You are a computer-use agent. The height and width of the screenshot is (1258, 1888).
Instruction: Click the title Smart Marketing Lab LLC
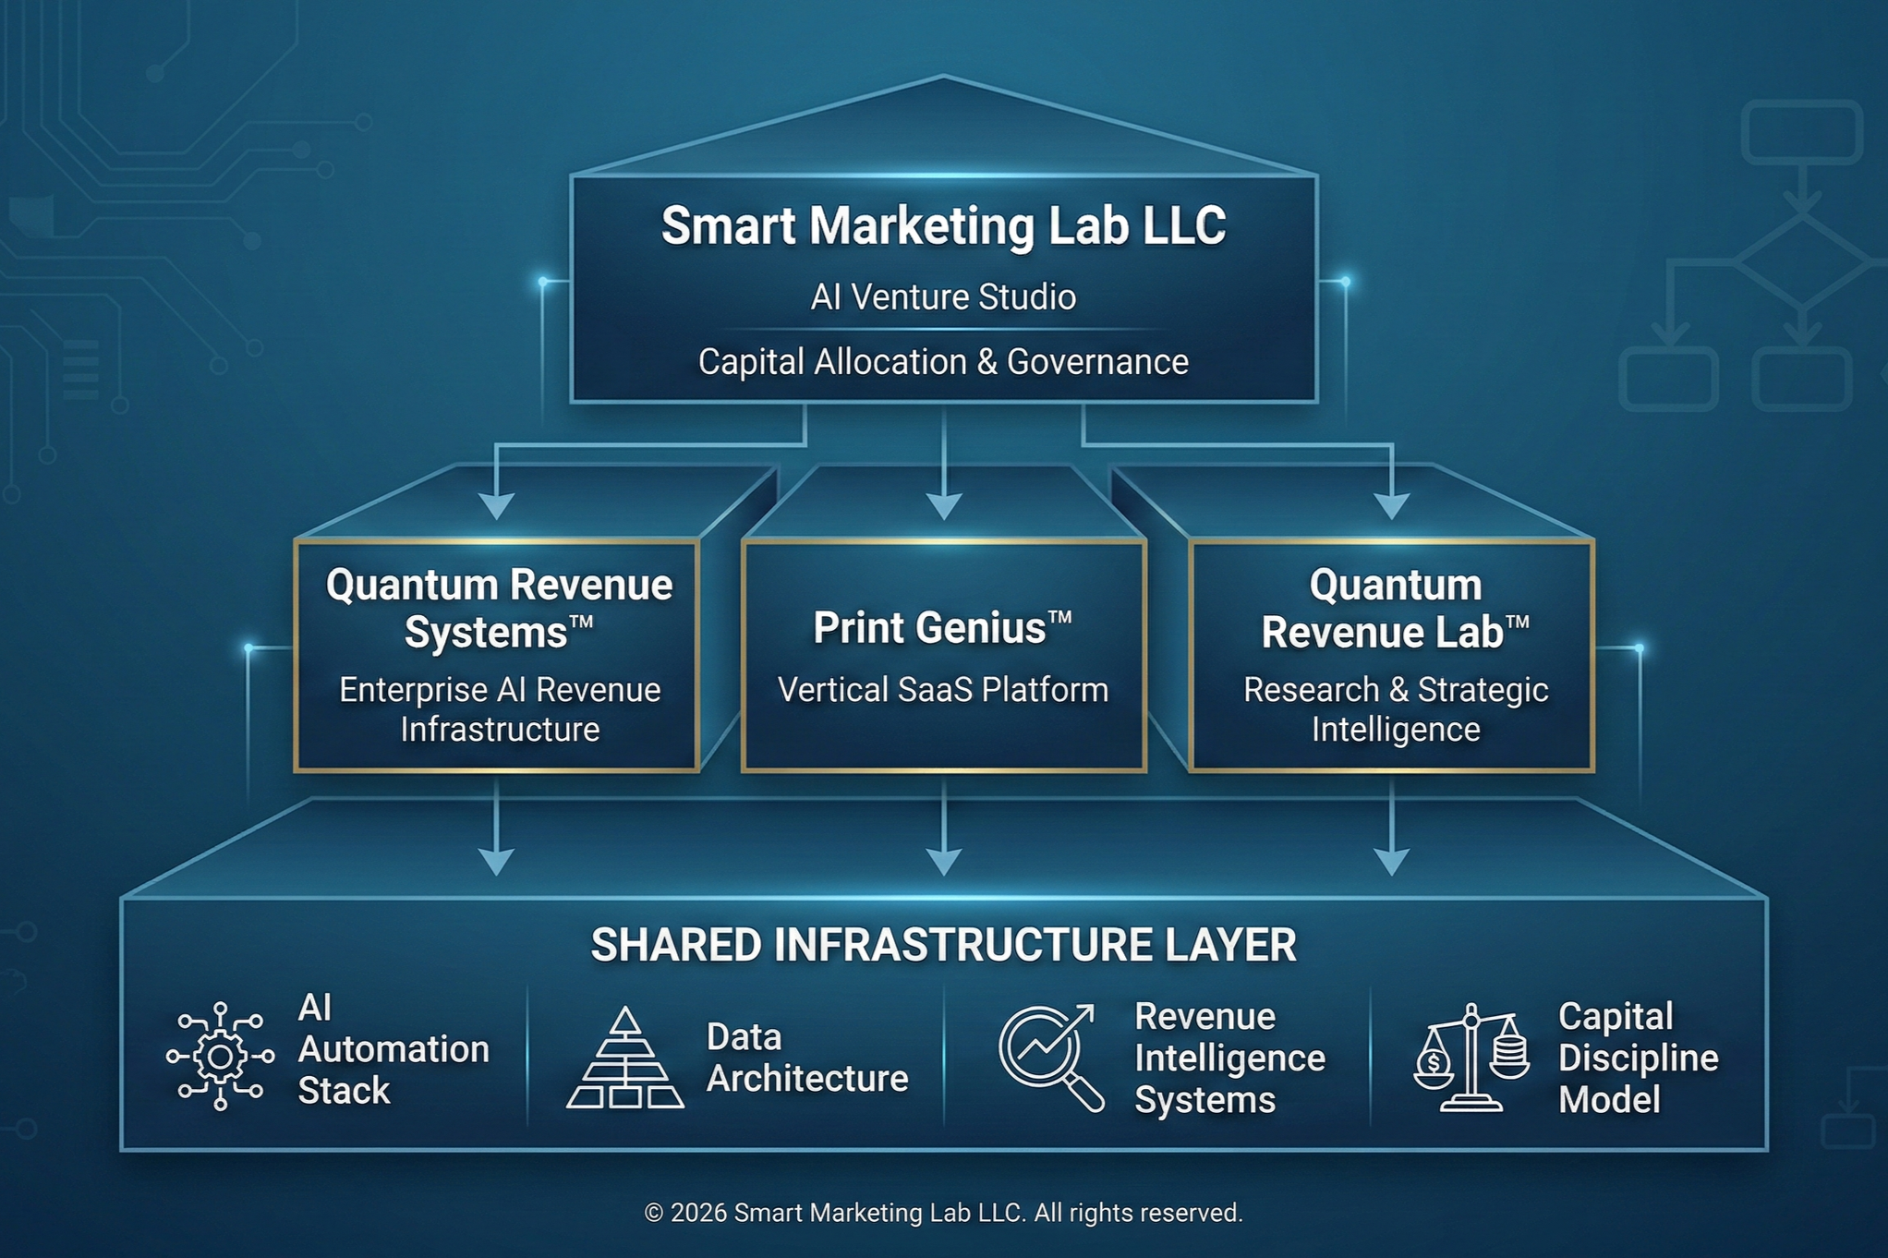coord(943,225)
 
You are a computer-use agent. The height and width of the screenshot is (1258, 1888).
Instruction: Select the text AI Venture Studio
coord(943,297)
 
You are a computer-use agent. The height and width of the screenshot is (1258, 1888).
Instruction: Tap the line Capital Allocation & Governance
coord(943,362)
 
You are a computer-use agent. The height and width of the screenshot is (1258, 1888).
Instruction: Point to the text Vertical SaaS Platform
coord(943,690)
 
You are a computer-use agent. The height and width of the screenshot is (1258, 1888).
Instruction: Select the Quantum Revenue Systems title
coord(499,608)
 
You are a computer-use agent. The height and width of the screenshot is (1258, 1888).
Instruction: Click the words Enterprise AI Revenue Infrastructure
coord(499,709)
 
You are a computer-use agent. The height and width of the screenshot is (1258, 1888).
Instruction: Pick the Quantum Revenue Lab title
coord(1395,608)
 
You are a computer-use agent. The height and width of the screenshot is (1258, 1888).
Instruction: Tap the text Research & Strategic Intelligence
coord(1395,709)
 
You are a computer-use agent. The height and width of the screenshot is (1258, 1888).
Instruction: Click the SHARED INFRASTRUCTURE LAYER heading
coord(943,945)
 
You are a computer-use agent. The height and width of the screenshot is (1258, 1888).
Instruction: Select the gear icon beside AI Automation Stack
coord(220,1055)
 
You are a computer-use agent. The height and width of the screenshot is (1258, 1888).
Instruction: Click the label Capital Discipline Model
coord(1637,1058)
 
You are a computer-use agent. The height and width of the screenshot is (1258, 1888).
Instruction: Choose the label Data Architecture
coord(806,1058)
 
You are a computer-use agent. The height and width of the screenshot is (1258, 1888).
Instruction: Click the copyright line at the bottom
coord(943,1213)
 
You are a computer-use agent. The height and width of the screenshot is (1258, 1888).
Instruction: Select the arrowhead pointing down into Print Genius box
coord(943,506)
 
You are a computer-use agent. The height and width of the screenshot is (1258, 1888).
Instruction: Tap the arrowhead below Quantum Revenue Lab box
coord(1391,862)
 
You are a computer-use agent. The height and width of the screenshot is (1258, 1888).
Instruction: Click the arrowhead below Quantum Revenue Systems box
coord(497,862)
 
